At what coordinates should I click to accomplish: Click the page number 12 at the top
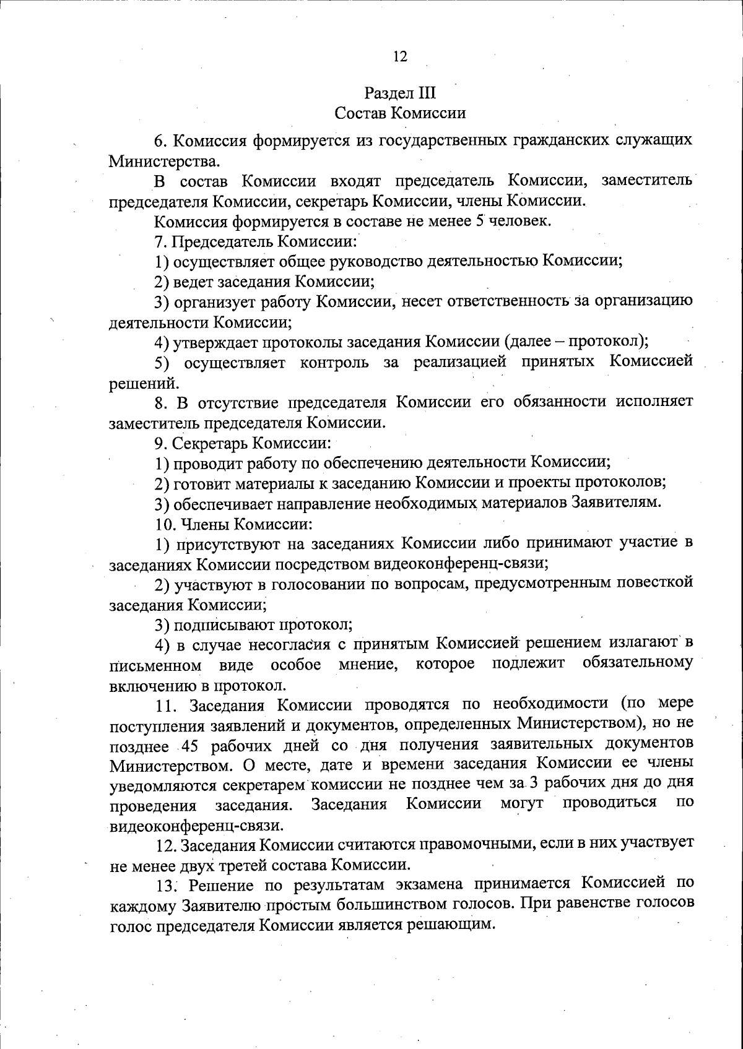(400, 57)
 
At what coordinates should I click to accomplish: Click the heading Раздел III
(400, 93)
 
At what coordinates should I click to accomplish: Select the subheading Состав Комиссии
(400, 113)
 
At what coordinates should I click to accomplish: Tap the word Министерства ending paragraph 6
(163, 162)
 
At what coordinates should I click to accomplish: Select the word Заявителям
(612, 503)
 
